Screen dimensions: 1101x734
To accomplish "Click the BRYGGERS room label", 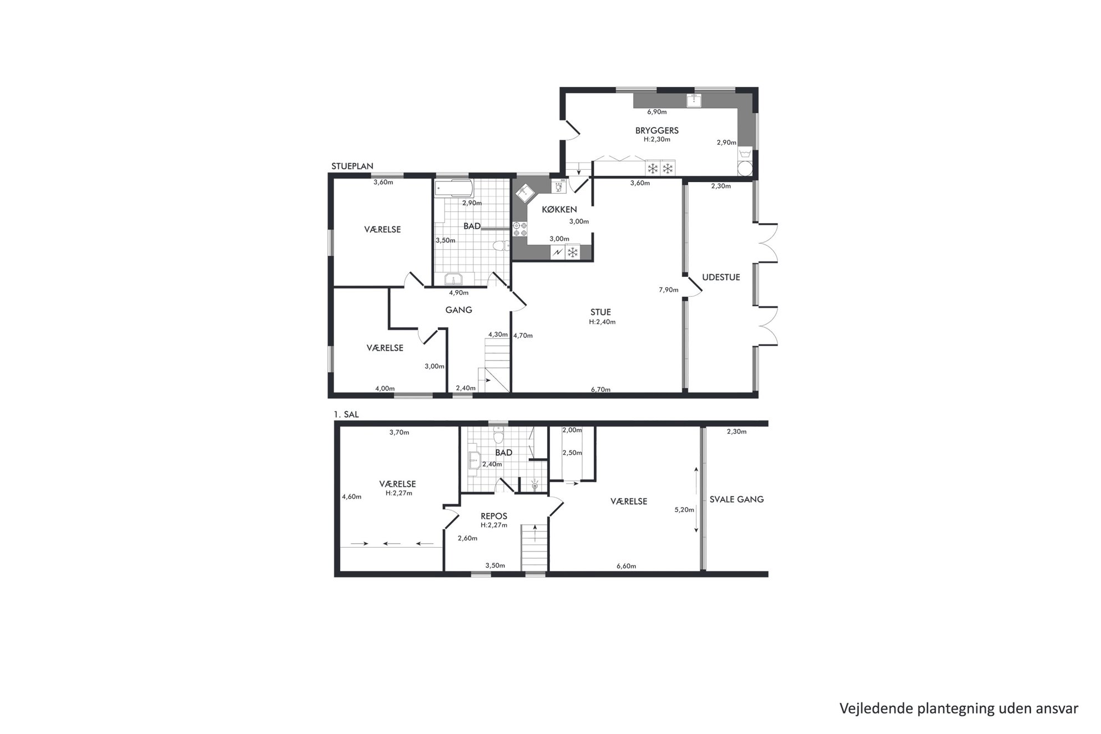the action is pyautogui.click(x=657, y=131).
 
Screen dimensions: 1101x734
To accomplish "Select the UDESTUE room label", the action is pyautogui.click(x=721, y=277).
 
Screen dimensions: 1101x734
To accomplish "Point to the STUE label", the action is pyautogui.click(x=601, y=312).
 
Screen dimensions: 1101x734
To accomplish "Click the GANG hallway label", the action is pyautogui.click(x=459, y=310).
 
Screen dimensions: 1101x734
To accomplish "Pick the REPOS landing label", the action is pyautogui.click(x=494, y=517).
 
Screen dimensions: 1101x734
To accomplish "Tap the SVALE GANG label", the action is pyautogui.click(x=737, y=499).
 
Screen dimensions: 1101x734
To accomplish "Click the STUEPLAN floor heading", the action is pyautogui.click(x=352, y=166).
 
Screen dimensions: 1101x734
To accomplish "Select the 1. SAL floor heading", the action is pyautogui.click(x=346, y=414).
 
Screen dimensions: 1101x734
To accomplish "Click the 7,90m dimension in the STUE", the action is pyautogui.click(x=669, y=290).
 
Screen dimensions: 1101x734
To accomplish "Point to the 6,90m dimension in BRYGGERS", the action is pyautogui.click(x=657, y=112).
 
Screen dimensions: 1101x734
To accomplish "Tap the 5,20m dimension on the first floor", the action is pyautogui.click(x=684, y=510).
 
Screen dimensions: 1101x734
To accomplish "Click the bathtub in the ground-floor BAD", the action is pyautogui.click(x=453, y=189).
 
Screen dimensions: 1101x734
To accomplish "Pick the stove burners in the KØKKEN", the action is pyautogui.click(x=520, y=229).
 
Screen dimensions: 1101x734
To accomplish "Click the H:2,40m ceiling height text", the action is pyautogui.click(x=602, y=322).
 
